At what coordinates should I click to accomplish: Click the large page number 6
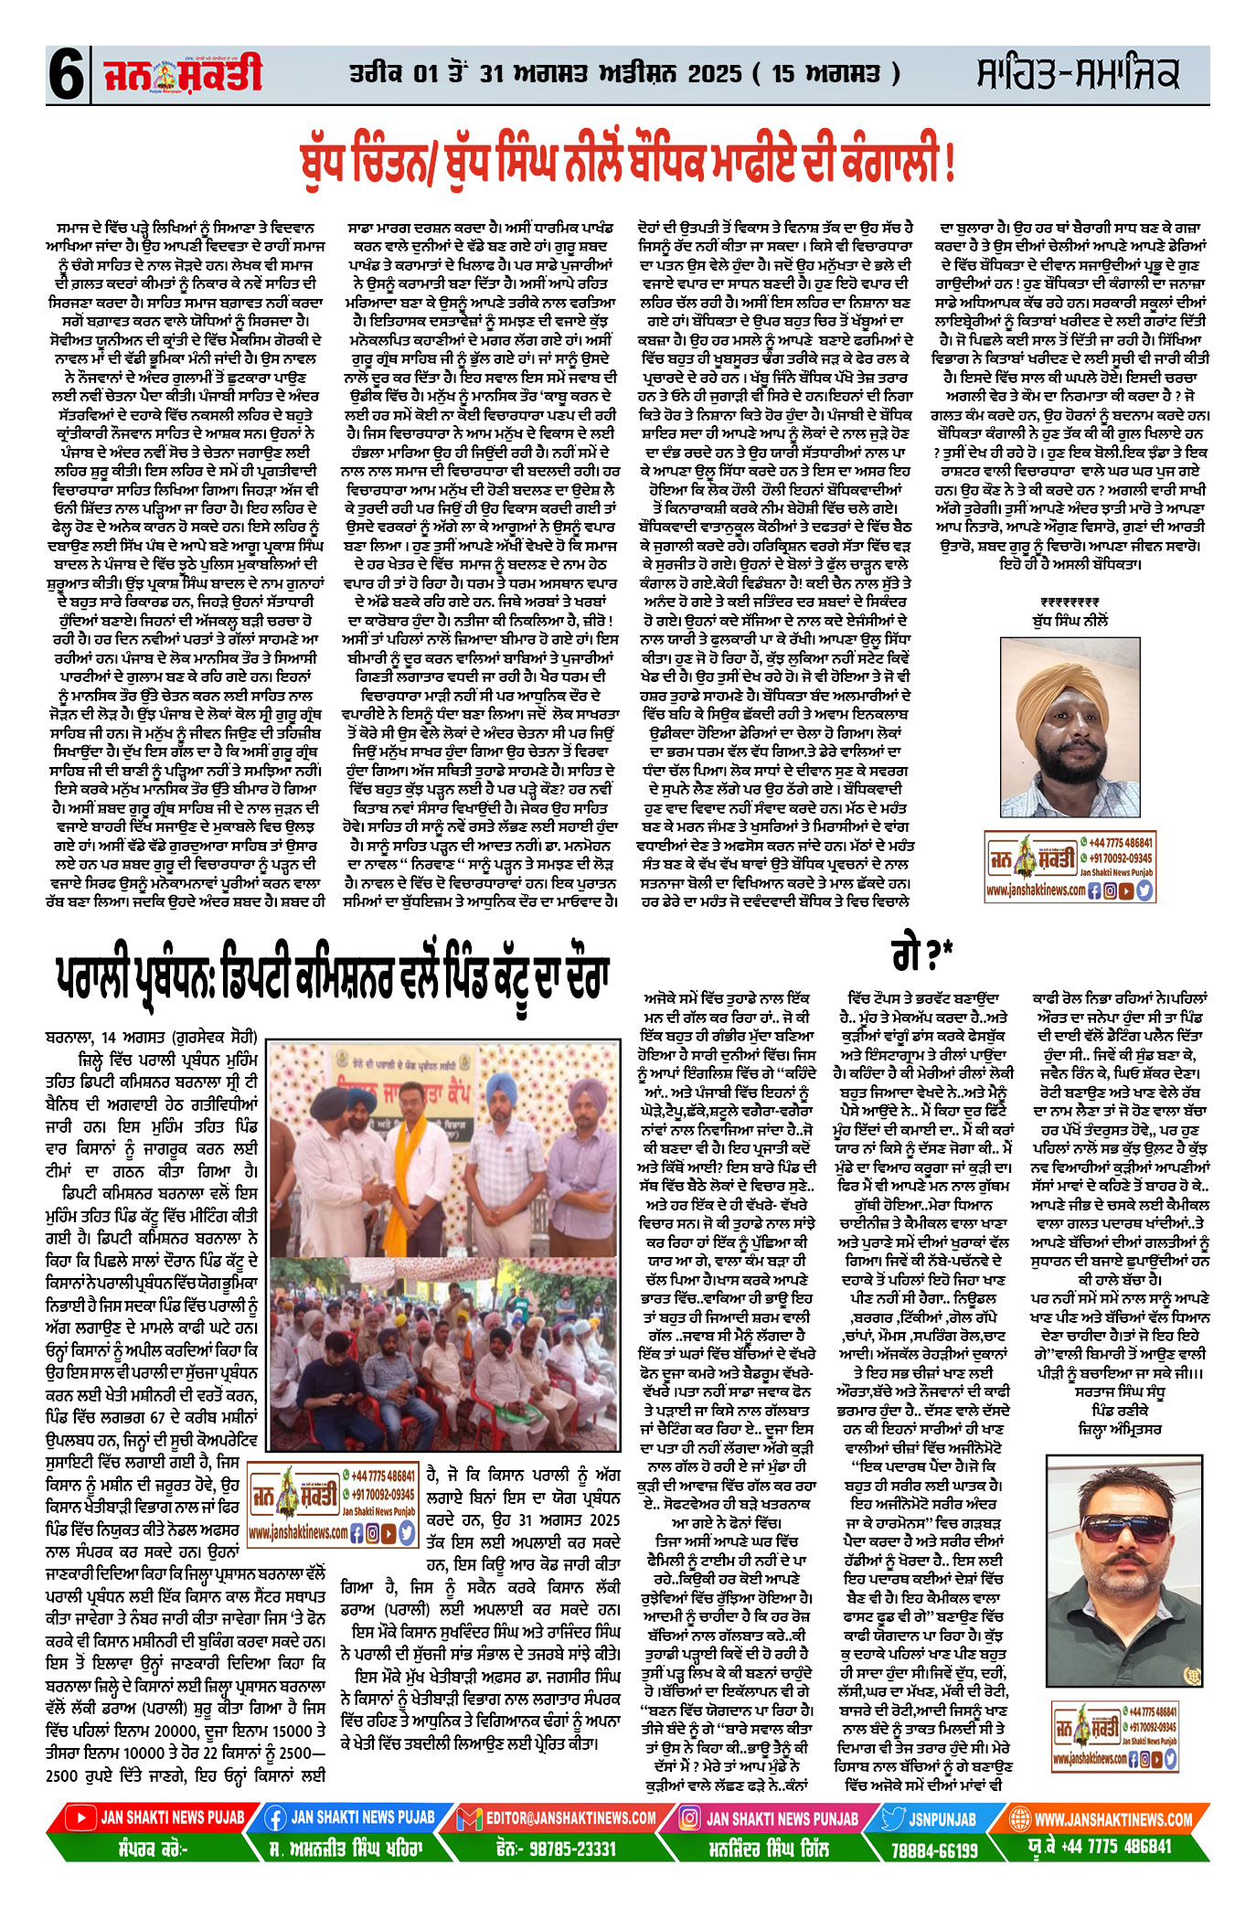tap(66, 76)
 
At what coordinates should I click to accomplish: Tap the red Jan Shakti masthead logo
tap(183, 74)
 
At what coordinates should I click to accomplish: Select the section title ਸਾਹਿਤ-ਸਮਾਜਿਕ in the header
tap(1078, 74)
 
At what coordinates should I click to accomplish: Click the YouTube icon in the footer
tap(81, 1819)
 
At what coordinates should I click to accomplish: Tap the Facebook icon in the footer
tap(275, 1819)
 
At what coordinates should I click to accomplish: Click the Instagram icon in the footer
tap(690, 1819)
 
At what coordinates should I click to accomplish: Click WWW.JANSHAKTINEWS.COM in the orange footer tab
tap(1112, 1819)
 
